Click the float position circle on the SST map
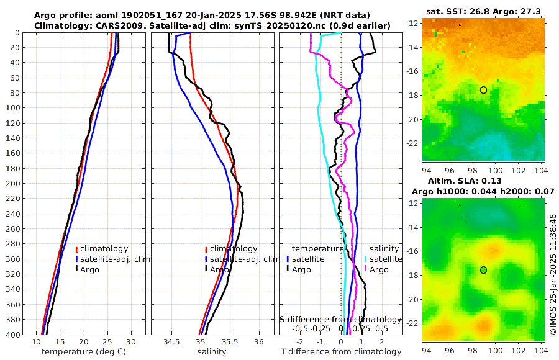click(483, 90)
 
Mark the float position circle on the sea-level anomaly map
click(483, 270)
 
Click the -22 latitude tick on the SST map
click(413, 143)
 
